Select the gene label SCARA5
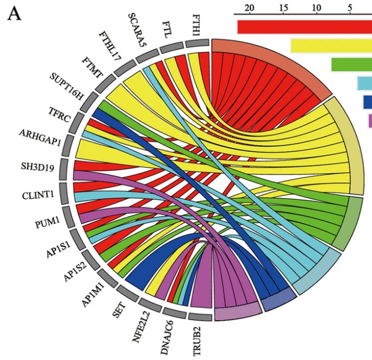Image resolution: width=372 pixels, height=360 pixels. tap(137, 29)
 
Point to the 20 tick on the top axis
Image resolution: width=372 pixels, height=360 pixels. tap(250, 8)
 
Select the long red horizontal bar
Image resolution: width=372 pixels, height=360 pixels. tap(304, 27)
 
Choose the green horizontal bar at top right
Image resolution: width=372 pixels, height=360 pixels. tap(351, 65)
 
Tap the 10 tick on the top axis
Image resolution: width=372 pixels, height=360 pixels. tap(317, 8)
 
